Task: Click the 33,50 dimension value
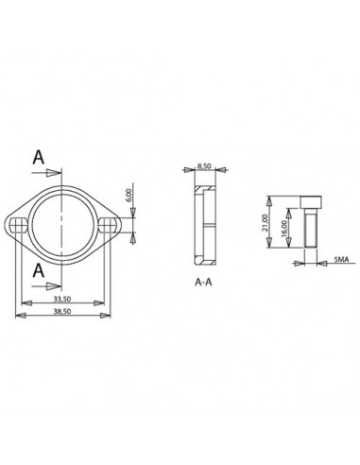(62, 299)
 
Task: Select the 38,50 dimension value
(62, 311)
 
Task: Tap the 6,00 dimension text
(128, 197)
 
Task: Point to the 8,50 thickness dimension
(205, 166)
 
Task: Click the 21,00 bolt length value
(265, 222)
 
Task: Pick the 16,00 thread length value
(283, 229)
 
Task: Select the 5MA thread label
(341, 260)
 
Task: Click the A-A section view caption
(203, 282)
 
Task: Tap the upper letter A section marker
(39, 157)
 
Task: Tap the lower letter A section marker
(39, 270)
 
